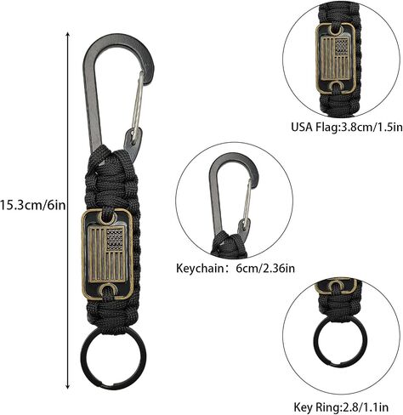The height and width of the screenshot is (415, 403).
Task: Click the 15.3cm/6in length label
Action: tap(32, 205)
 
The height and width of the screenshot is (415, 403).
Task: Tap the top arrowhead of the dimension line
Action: tap(67, 34)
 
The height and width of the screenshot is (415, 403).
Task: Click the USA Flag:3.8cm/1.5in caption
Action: tap(347, 127)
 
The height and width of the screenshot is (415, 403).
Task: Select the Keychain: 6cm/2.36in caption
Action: tap(236, 268)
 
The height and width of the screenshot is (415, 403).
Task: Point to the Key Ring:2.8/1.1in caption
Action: tap(341, 407)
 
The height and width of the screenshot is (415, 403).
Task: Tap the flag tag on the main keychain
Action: tap(107, 254)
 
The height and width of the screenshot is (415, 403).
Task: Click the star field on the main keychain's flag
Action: tap(115, 239)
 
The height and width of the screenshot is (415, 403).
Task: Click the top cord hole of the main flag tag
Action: tap(107, 219)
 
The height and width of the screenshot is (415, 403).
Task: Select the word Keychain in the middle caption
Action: tap(200, 268)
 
